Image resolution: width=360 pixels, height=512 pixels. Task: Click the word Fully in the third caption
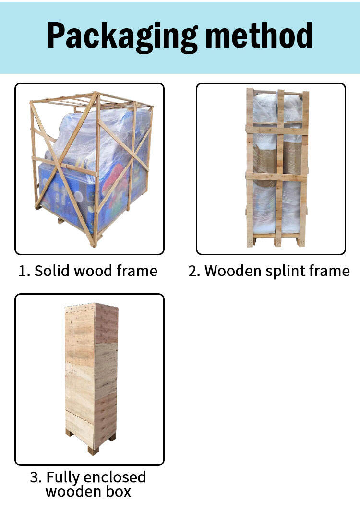pyautogui.click(x=63, y=478)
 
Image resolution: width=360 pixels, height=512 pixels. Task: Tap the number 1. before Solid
pyautogui.click(x=24, y=271)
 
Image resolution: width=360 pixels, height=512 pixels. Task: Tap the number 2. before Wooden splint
pyautogui.click(x=194, y=271)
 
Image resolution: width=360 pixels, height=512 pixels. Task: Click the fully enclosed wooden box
pyautogui.click(x=92, y=379)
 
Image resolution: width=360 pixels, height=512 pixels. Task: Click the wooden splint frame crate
pyautogui.click(x=277, y=167)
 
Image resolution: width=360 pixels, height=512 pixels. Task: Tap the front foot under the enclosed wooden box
pyautogui.click(x=93, y=450)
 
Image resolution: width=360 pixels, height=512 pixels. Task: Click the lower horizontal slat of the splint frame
pyautogui.click(x=277, y=177)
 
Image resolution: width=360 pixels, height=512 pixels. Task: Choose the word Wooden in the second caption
pyautogui.click(x=233, y=271)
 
